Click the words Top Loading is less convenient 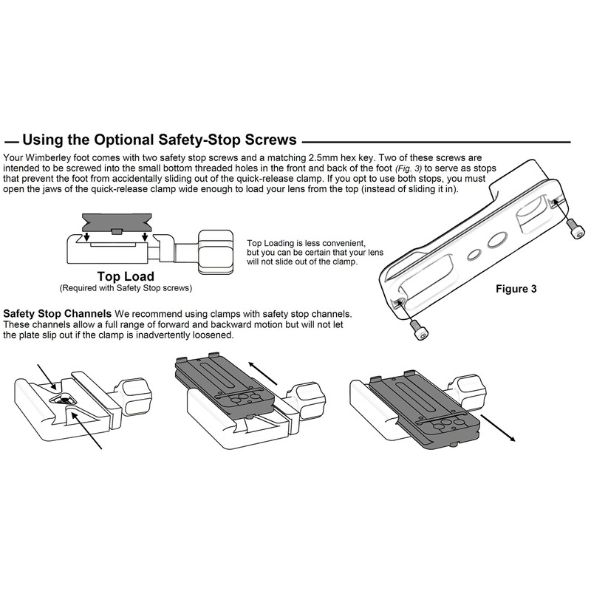[307, 243]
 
